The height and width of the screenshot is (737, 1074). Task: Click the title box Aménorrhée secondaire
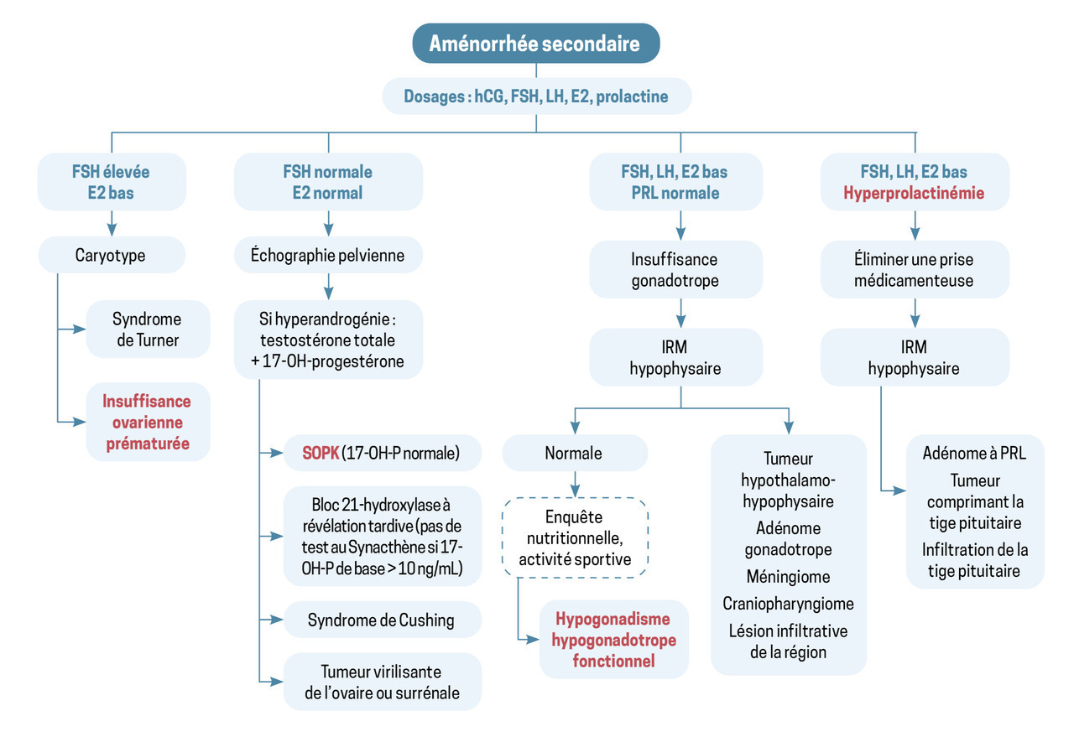pyautogui.click(x=535, y=44)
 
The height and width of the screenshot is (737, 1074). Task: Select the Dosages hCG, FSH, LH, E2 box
pyautogui.click(x=536, y=96)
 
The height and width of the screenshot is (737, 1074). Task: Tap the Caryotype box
pyautogui.click(x=111, y=255)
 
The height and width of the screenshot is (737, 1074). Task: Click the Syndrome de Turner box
pyautogui.click(x=147, y=330)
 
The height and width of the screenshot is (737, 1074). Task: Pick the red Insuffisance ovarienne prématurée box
pyautogui.click(x=147, y=423)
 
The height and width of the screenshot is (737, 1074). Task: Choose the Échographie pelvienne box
pyautogui.click(x=327, y=255)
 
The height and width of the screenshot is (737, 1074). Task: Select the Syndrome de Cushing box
pyautogui.click(x=381, y=620)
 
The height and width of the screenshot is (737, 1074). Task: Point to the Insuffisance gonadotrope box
pyautogui.click(x=675, y=270)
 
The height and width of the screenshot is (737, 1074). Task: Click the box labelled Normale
pyautogui.click(x=574, y=453)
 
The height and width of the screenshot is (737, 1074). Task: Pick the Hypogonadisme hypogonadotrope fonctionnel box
pyautogui.click(x=613, y=640)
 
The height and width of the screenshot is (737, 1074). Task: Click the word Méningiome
pyautogui.click(x=788, y=577)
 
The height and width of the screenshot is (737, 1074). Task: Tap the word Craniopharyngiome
pyautogui.click(x=788, y=604)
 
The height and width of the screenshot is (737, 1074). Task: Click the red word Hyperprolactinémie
pyautogui.click(x=915, y=193)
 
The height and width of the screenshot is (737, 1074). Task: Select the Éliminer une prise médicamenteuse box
pyautogui.click(x=915, y=270)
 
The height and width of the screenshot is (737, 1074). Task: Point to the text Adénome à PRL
pyautogui.click(x=974, y=453)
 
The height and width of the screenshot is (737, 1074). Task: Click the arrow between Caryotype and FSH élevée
pyautogui.click(x=111, y=224)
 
